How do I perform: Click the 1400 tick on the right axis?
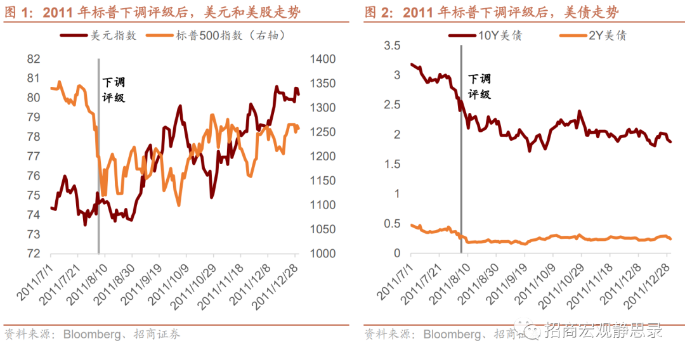pos(323,59)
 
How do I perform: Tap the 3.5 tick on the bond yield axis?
pos(393,46)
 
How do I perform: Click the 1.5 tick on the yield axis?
pos(393,164)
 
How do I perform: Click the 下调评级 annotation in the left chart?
pos(114,90)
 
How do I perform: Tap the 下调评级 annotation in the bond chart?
pos(480,87)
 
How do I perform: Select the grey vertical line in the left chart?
pos(98,158)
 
